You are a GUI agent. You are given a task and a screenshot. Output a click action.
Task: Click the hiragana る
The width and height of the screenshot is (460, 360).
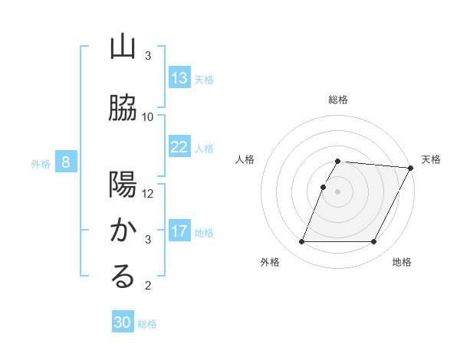[123, 277]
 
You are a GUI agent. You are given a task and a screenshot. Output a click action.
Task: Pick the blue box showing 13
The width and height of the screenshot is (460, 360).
[179, 78]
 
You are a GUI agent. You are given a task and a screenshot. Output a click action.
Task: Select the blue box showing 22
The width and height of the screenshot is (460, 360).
[179, 147]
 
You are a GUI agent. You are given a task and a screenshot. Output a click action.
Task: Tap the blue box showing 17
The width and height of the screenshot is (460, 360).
[179, 231]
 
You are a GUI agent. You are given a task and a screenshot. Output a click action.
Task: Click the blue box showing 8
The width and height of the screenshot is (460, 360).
[66, 162]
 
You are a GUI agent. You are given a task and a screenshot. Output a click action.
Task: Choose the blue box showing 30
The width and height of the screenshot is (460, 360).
[123, 323]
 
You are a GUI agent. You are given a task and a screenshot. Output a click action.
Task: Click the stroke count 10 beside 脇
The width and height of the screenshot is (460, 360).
[148, 117]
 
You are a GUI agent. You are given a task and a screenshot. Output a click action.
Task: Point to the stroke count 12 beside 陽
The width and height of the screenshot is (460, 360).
[148, 194]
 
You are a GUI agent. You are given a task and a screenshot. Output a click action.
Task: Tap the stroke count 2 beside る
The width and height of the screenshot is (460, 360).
[148, 286]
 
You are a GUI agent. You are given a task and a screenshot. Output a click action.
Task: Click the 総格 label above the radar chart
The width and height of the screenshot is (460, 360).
[338, 100]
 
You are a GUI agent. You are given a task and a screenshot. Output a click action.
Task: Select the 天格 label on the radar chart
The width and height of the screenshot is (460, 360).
[431, 159]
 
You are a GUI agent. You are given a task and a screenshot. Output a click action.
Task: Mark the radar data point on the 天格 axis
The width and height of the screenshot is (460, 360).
[410, 168]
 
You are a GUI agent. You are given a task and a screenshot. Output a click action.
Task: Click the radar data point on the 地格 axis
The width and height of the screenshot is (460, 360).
[374, 242]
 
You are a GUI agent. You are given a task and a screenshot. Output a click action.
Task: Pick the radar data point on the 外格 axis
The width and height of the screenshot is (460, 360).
[301, 242]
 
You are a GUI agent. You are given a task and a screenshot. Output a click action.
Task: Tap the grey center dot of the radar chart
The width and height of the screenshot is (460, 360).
[338, 191]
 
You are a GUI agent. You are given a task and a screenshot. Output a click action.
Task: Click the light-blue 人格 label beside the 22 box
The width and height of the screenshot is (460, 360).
[204, 148]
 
